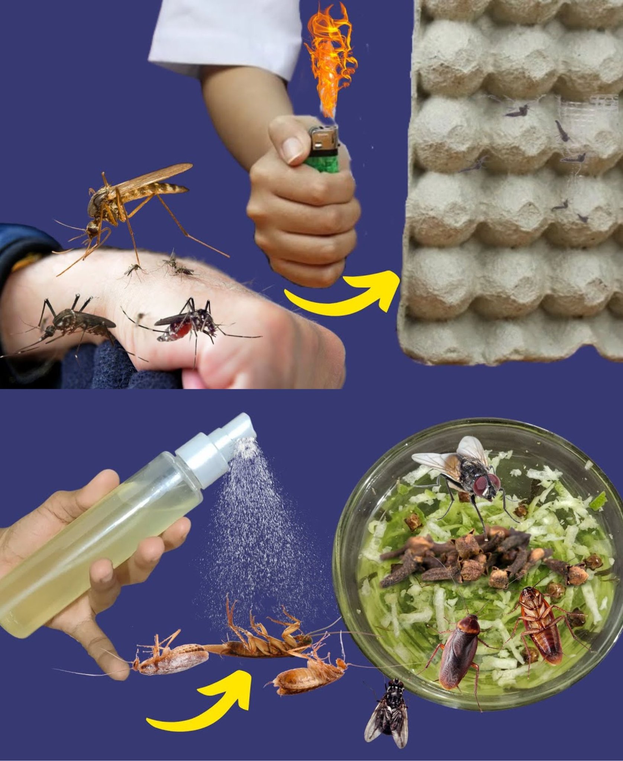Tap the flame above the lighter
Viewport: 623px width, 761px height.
[x=329, y=63]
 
